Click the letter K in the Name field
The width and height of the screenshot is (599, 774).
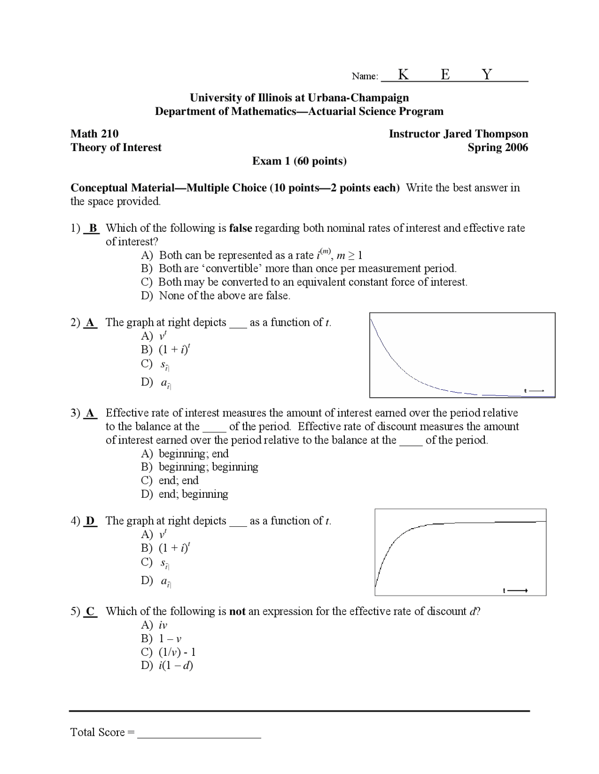(403, 74)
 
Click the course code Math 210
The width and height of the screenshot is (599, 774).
(95, 134)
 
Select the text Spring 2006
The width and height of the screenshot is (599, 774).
(497, 147)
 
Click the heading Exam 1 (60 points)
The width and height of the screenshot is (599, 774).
(299, 161)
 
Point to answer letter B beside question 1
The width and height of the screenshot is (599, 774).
(93, 228)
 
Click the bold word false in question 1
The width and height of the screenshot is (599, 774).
(241, 228)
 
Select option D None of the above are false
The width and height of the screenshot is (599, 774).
(216, 295)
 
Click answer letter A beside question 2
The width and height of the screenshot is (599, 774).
(91, 322)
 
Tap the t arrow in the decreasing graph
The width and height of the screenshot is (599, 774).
(534, 391)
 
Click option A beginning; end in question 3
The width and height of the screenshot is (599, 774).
(185, 453)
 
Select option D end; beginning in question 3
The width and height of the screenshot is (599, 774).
(184, 494)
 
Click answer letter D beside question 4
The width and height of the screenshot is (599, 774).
(91, 521)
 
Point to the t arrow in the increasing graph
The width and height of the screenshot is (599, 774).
(515, 591)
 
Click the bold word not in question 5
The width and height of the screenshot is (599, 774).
(237, 611)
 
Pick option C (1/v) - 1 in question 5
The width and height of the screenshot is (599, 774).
(168, 652)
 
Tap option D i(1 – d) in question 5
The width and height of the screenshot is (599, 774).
(167, 666)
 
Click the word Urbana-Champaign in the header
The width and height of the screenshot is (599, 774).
(358, 98)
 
